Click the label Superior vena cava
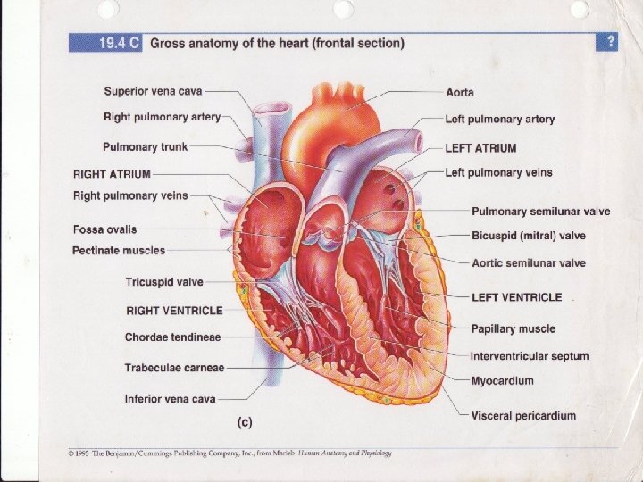coord(153,91)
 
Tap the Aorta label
coord(460,93)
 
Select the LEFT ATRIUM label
coord(480,147)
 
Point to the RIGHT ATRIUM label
coord(112,173)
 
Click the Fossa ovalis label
coord(104,229)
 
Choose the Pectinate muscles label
coord(119,251)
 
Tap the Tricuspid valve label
coord(164,282)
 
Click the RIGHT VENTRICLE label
coord(174,310)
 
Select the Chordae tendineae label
coord(172,337)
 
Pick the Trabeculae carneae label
coord(174,367)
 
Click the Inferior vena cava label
coord(170,398)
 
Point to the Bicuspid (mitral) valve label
coord(528,236)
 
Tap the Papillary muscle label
coord(514,328)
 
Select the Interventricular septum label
coord(530,356)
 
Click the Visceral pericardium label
coord(523,415)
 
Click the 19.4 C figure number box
coord(106,43)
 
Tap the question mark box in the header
coord(610,42)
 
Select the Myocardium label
coord(502,381)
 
